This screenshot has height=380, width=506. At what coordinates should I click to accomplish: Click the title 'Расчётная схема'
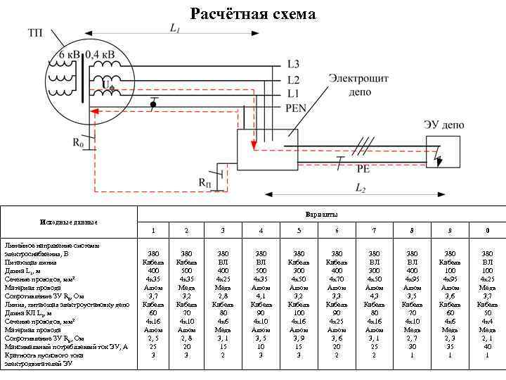[254, 13]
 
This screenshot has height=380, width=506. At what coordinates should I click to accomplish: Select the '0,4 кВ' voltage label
[101, 54]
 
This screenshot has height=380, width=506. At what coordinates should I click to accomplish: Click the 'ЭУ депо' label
[443, 125]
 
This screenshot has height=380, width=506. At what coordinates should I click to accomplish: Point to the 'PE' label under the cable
[363, 169]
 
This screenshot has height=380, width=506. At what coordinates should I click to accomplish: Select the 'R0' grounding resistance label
[78, 143]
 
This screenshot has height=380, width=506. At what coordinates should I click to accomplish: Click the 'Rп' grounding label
[205, 183]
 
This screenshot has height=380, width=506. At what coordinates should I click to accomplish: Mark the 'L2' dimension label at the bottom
[360, 189]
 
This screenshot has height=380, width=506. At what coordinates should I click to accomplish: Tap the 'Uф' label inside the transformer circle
[108, 85]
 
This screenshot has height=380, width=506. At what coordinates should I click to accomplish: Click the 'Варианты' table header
[321, 213]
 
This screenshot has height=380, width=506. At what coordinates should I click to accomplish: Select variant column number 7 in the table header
[375, 231]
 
